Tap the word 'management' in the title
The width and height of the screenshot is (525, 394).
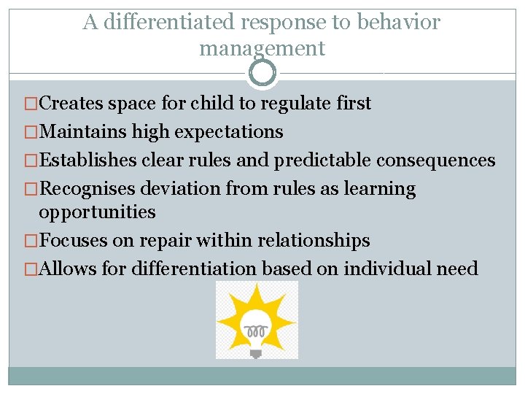pos(262,49)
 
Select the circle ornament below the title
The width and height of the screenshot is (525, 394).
pos(262,73)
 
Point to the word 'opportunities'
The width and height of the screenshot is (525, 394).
pos(97,212)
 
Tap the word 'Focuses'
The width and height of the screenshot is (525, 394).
pos(75,241)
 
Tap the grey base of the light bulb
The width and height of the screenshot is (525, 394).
pos(256,352)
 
